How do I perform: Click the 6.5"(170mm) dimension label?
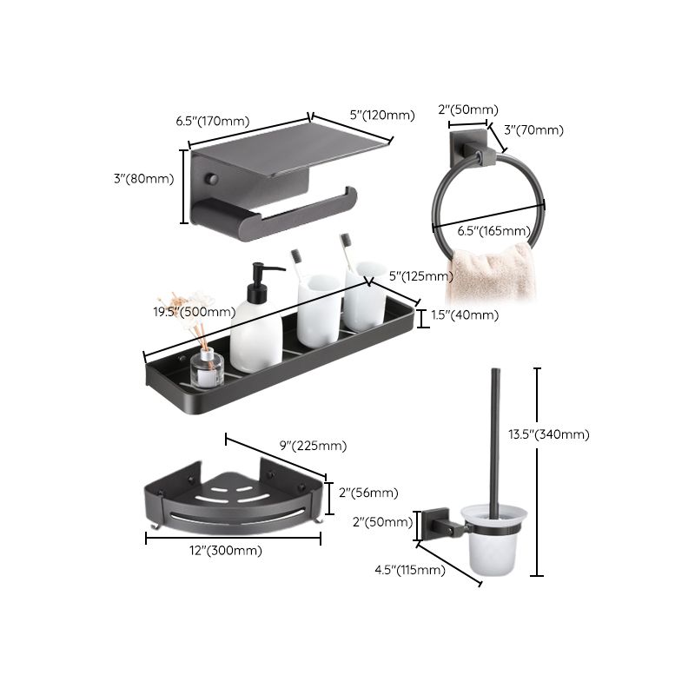tap(214, 122)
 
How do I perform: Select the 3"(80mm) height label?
tap(144, 179)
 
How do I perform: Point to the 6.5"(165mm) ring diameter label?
tap(493, 230)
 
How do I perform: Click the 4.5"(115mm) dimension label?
tap(408, 570)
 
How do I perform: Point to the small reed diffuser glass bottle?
tap(206, 370)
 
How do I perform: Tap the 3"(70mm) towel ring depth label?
tap(533, 130)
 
